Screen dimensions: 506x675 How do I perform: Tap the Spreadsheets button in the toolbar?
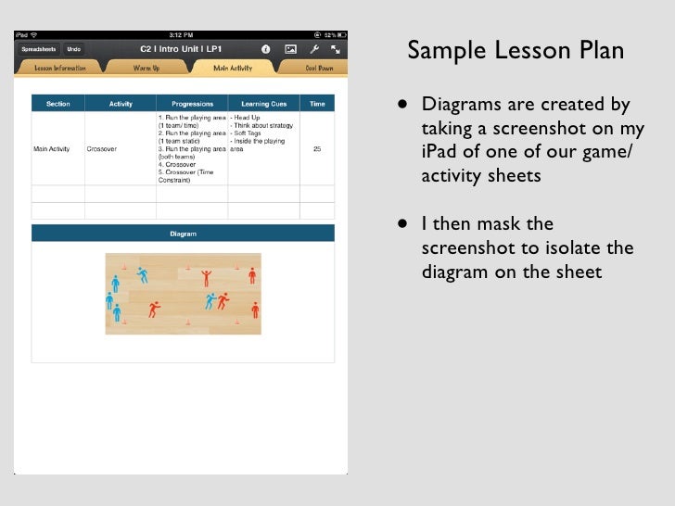pos(40,48)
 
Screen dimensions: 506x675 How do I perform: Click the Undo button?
pos(74,48)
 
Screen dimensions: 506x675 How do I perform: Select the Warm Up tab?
pos(146,68)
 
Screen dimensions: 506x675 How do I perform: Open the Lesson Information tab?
pos(60,68)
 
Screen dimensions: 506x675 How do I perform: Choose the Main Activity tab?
pos(233,68)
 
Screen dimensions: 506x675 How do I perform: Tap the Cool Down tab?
pos(319,68)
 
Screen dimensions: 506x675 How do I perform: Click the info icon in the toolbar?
pos(266,48)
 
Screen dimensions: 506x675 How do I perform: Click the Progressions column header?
pos(192,104)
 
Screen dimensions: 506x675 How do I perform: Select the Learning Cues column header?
pos(264,104)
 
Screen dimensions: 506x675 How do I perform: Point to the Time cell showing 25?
pos(318,148)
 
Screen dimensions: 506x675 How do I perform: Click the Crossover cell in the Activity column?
pos(101,148)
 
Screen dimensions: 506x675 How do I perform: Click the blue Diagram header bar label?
pos(183,234)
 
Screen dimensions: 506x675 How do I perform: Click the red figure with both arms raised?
pos(207,276)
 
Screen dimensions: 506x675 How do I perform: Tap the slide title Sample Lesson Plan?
pos(516,51)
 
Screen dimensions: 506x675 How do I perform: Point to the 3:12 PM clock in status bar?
pos(182,35)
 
